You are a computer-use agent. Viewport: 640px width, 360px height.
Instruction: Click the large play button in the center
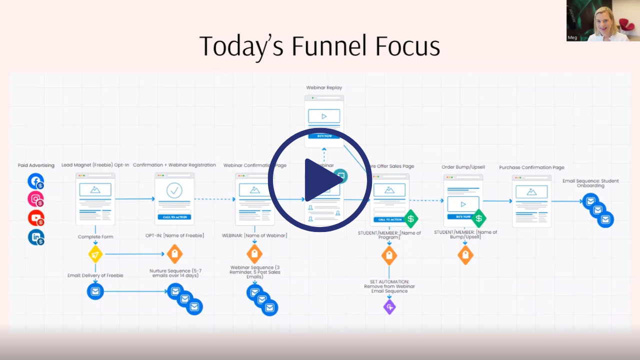(320, 180)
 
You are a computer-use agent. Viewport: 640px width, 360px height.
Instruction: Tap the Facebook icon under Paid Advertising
(35, 181)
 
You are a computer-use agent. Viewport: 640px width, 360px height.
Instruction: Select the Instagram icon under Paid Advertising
(35, 199)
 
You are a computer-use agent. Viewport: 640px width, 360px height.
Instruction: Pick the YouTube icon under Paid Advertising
(35, 218)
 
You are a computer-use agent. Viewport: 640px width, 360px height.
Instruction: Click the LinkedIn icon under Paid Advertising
(35, 237)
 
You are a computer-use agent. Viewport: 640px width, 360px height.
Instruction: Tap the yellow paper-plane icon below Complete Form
(95, 254)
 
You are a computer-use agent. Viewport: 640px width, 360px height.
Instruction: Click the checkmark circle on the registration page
(174, 190)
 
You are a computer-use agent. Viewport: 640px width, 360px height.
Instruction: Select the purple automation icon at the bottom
(389, 306)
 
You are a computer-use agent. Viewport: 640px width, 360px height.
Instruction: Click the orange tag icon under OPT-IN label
(174, 254)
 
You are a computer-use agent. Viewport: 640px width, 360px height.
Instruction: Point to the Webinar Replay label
(324, 88)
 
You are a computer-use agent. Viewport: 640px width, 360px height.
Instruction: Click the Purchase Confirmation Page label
(531, 167)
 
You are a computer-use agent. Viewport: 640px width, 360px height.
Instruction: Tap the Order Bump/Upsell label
(463, 167)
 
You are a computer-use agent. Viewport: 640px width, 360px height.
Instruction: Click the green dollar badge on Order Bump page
(478, 218)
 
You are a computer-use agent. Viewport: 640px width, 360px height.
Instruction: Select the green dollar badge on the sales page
(410, 218)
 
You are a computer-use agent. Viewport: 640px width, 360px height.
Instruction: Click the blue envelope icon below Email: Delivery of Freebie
(95, 291)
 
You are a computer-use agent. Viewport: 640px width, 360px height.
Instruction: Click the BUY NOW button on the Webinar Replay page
(324, 136)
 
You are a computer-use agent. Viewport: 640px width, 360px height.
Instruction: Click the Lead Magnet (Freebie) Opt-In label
(95, 165)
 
